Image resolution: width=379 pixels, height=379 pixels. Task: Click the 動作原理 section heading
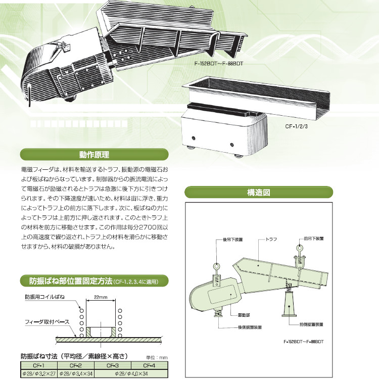click(x=93, y=154)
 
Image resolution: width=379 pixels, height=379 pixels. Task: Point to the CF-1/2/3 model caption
click(x=298, y=127)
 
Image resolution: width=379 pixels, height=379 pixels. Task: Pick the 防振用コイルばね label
click(x=45, y=297)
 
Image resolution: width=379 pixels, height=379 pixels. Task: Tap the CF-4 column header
click(x=149, y=364)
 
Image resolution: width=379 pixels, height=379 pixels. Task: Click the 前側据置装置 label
click(x=311, y=323)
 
